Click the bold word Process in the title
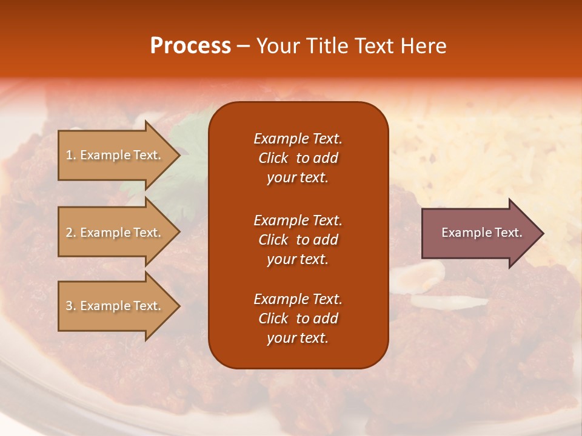point(190,46)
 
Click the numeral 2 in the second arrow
point(69,233)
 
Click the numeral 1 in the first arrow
point(69,155)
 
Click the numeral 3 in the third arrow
point(69,306)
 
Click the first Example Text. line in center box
point(298,139)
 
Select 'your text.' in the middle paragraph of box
point(298,259)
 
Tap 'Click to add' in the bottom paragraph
point(298,319)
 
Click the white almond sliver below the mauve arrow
point(449,301)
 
